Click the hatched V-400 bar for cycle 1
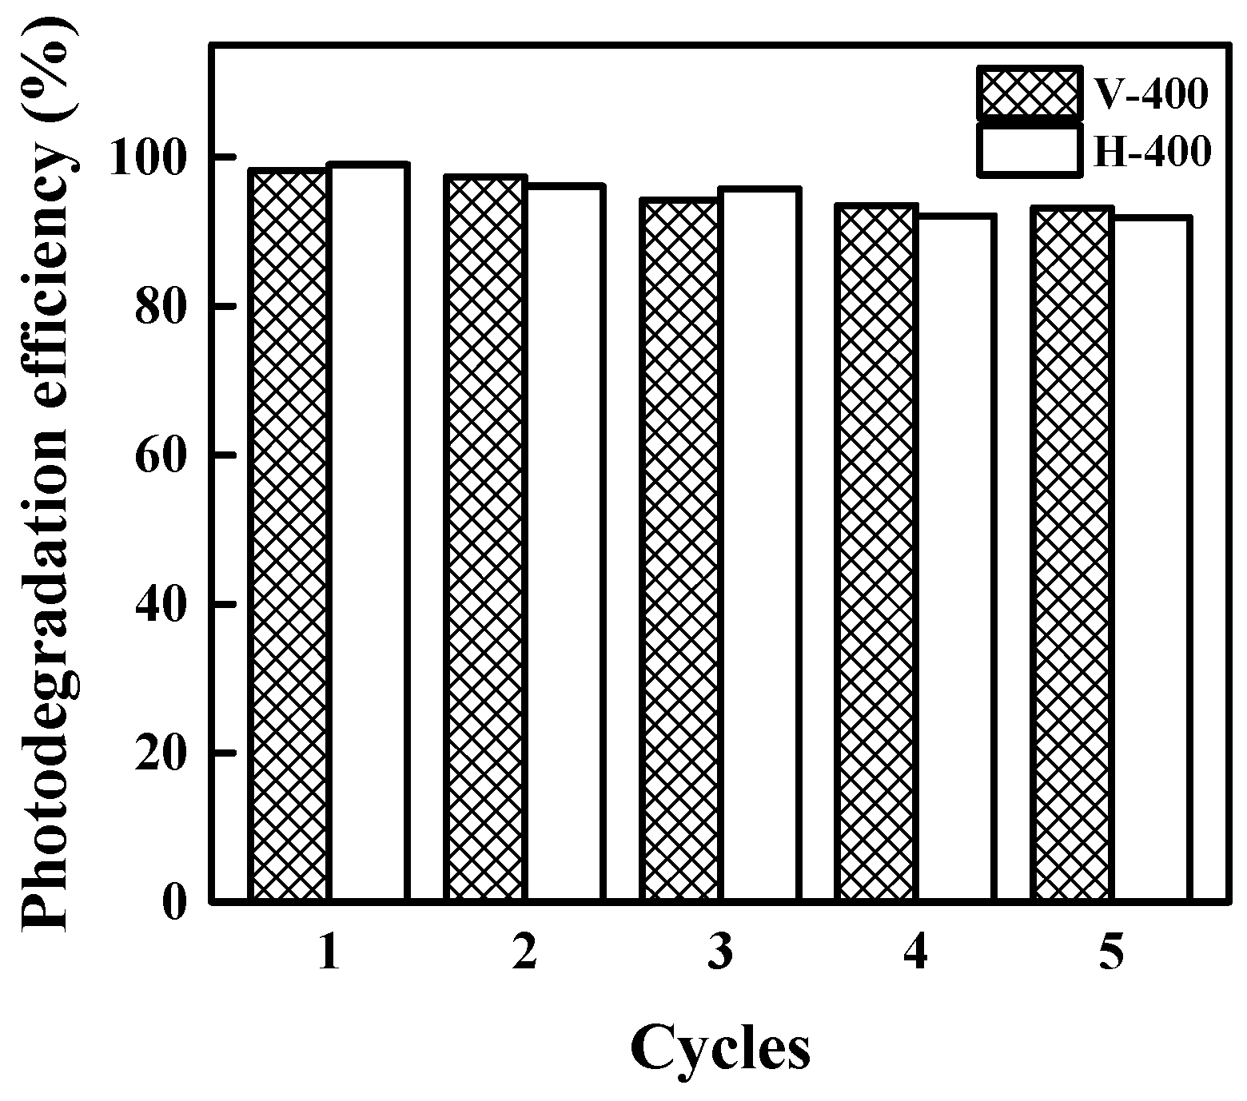pos(289,535)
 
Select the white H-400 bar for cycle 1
pos(368,533)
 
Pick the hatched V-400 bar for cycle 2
pos(484,539)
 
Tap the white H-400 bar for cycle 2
pos(563,543)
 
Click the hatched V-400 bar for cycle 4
pos(875,553)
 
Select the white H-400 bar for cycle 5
pos(1152,559)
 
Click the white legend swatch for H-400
pos(1028,149)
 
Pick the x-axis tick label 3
pos(719,952)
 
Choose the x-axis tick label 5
pos(1111,952)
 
